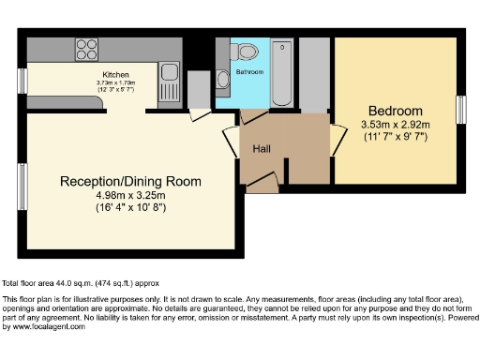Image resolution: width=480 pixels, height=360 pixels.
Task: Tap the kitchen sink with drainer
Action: click(169, 73)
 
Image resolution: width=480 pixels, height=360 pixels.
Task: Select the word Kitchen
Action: click(115, 75)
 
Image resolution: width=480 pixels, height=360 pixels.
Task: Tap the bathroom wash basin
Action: click(221, 79)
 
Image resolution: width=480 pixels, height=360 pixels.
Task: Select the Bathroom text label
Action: click(249, 72)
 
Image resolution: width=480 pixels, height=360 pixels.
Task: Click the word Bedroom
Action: click(395, 110)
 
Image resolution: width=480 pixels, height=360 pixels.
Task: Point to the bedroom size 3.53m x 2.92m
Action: click(395, 124)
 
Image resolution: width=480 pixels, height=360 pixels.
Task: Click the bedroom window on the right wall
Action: click(460, 110)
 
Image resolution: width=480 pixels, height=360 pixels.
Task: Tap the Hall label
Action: click(262, 148)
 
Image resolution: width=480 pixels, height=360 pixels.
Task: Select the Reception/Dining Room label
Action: click(130, 181)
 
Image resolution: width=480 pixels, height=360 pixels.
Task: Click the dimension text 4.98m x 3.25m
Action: click(130, 194)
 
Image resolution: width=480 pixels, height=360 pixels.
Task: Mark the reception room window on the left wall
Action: click(22, 187)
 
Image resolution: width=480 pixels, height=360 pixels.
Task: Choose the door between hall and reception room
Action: click(231, 141)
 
